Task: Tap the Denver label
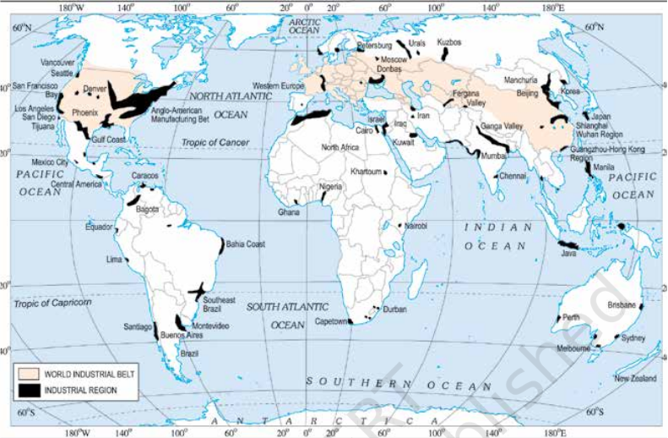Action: tap(95, 88)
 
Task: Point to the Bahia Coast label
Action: tap(245, 244)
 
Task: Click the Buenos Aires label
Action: tap(178, 336)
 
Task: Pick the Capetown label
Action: tap(331, 321)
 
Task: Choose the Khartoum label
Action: tap(366, 172)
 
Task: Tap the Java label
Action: tap(568, 253)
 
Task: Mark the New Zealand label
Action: tap(634, 378)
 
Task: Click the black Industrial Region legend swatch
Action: tap(30, 390)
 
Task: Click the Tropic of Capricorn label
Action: tap(52, 302)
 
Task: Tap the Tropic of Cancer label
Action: tap(215, 142)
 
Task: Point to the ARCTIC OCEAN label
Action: tap(304, 25)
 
